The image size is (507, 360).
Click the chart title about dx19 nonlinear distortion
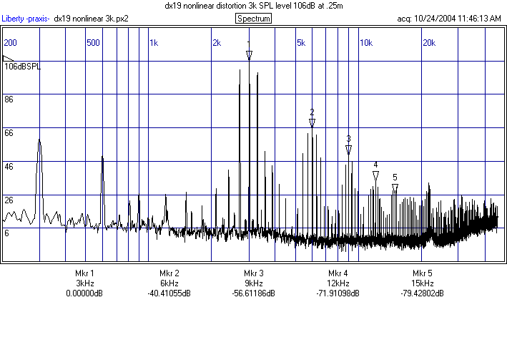(253, 6)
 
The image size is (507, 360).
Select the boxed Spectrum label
(253, 19)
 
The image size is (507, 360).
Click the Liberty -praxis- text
(25, 19)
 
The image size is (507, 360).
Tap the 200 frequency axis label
(10, 43)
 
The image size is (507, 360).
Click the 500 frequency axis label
(92, 43)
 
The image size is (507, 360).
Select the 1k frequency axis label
(154, 43)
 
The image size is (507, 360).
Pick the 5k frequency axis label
(301, 43)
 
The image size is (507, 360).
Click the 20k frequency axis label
(429, 43)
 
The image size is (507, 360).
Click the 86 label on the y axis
(9, 99)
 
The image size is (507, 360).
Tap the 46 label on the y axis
(9, 166)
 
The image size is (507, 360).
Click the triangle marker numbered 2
(312, 123)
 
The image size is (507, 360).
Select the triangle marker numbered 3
(349, 150)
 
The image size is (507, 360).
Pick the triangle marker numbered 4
(375, 176)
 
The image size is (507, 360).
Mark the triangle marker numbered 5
(395, 188)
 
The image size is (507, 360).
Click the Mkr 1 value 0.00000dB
(84, 293)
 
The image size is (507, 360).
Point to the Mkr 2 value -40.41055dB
(169, 293)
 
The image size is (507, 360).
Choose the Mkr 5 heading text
(423, 273)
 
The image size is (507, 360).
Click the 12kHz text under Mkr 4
(338, 283)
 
